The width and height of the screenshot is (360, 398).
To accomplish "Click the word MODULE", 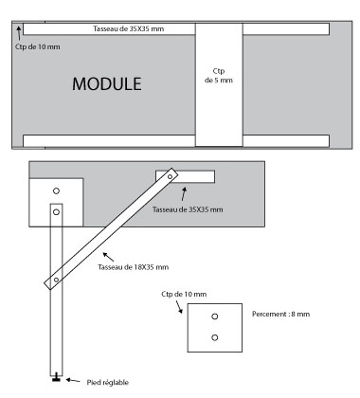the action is [x=107, y=84].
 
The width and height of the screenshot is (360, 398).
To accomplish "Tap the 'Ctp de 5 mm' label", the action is [x=219, y=76].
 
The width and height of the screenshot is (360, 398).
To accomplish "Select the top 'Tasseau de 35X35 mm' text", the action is [x=129, y=28].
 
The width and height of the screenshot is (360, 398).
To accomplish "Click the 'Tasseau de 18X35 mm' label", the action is [x=134, y=267].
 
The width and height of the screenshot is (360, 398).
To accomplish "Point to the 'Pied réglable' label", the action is [x=108, y=383].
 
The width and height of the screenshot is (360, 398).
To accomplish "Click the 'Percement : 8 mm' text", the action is [x=280, y=314].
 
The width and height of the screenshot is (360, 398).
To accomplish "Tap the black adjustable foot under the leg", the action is [x=56, y=377].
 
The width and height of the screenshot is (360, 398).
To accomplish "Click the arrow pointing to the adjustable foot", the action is [x=73, y=380].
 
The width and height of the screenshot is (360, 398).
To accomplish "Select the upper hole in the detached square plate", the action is [x=215, y=317].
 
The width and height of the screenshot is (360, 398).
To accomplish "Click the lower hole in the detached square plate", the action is [x=215, y=337].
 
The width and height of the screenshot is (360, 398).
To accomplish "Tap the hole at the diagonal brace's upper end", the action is [x=171, y=177].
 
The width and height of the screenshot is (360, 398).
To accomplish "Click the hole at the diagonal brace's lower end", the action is [x=56, y=280].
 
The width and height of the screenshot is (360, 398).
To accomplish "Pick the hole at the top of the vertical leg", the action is [x=56, y=212].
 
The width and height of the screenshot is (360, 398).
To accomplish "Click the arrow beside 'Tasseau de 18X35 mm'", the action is [x=108, y=257].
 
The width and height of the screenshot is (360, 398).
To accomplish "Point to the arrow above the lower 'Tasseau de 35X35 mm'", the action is [x=184, y=194].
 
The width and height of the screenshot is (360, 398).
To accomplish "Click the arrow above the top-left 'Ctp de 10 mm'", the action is [x=19, y=33].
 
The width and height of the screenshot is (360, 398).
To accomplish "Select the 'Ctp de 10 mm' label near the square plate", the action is [x=184, y=294].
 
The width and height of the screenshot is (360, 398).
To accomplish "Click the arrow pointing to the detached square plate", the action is [x=179, y=307].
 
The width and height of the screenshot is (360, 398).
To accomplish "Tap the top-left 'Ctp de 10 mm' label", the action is [x=38, y=46].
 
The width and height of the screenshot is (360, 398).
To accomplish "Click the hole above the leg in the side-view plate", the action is [x=56, y=190].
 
